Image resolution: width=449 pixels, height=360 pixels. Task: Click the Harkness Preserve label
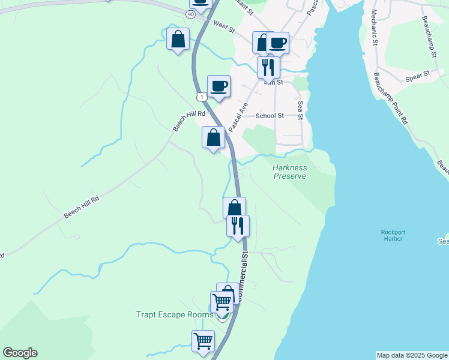point(290,172)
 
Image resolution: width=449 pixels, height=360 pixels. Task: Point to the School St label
point(270,116)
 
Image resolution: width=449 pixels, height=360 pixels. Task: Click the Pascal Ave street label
point(238,112)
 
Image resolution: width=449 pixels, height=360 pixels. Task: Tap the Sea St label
point(300,109)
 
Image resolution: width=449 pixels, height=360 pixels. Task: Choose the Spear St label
point(418,75)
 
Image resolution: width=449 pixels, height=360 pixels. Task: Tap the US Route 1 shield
point(201,97)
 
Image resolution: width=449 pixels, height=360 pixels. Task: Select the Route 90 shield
point(190,14)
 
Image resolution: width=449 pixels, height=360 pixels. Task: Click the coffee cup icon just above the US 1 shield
point(218,86)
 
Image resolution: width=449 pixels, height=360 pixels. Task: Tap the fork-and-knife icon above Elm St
point(268,67)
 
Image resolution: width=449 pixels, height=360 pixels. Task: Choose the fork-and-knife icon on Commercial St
point(238,226)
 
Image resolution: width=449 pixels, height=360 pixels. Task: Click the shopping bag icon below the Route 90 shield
point(178,40)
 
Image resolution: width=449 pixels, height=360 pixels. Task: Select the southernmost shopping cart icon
point(203,341)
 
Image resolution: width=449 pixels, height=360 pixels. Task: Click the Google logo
point(20,353)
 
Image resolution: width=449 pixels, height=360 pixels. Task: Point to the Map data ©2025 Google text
point(412,355)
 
